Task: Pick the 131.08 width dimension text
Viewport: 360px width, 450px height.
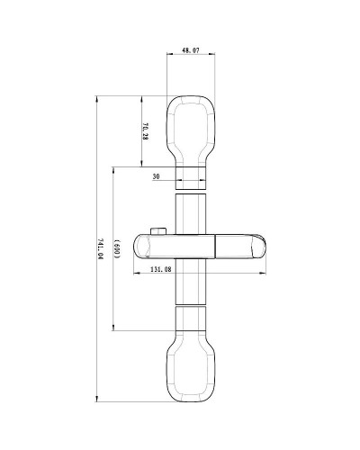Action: point(161,269)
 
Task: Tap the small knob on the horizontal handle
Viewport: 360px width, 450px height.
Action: point(159,232)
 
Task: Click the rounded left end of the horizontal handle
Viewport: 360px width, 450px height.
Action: point(139,246)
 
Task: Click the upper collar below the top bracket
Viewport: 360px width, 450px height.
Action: point(190,176)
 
